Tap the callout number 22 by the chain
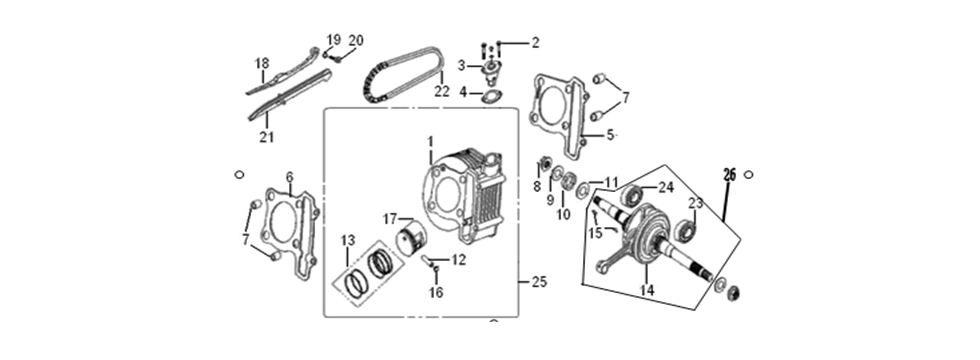441,91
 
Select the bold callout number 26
729,174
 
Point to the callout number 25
539,283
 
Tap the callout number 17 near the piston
390,217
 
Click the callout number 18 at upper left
262,63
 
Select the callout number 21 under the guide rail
266,136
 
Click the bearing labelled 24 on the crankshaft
632,196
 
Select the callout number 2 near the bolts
534,42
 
